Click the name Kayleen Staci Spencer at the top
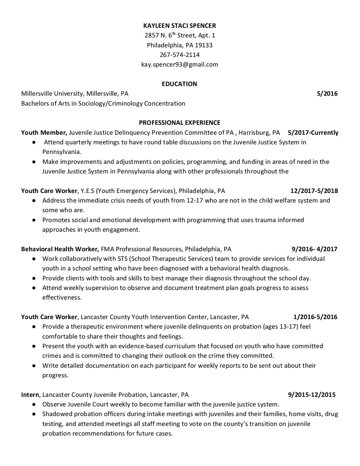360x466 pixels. pyautogui.click(x=179, y=25)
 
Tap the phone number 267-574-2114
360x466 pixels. pyautogui.click(x=179, y=55)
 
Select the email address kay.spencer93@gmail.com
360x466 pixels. pyautogui.click(x=179, y=65)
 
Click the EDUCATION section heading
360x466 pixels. pyautogui.click(x=179, y=84)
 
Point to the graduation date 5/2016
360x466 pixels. pyautogui.click(x=327, y=94)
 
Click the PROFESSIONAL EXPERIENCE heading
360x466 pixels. pyautogui.click(x=179, y=123)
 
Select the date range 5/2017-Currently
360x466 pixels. pyautogui.click(x=313, y=133)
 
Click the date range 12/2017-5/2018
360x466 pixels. pyautogui.click(x=314, y=191)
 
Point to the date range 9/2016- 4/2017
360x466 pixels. pyautogui.click(x=314, y=249)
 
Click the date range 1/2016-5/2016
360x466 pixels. pyautogui.click(x=315, y=317)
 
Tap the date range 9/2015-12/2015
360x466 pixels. pyautogui.click(x=312, y=395)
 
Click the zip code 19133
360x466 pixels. pyautogui.click(x=203, y=45)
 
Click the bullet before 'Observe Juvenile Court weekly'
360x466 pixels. pyautogui.click(x=34, y=404)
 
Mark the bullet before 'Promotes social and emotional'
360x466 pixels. pyautogui.click(x=34, y=220)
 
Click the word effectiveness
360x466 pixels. pyautogui.click(x=62, y=298)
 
